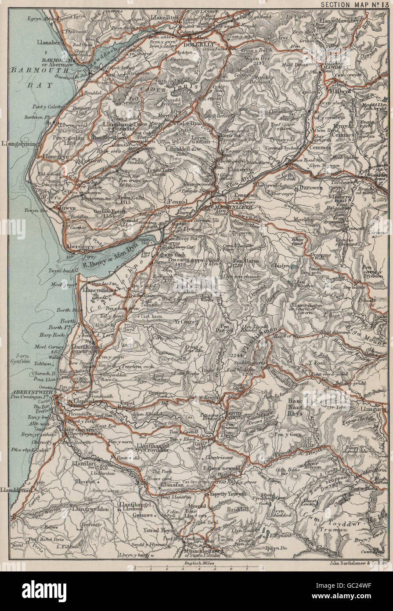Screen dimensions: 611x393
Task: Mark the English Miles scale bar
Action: coord(198,567)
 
